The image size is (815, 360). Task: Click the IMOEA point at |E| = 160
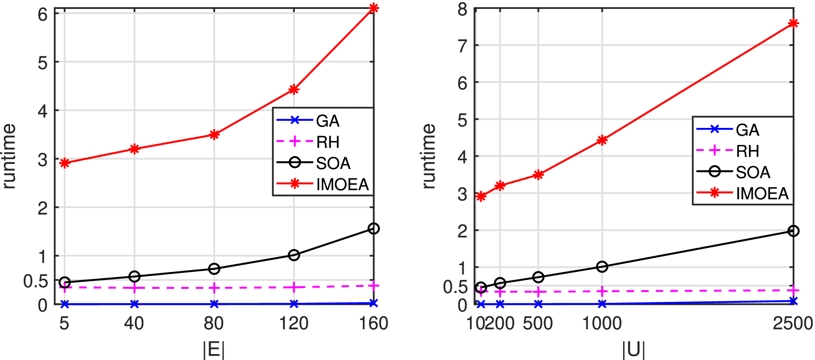[x=373, y=8]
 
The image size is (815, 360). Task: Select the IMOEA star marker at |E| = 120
[x=294, y=89]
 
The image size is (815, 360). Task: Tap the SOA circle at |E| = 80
[x=214, y=269]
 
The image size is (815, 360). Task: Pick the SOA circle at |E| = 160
[x=373, y=229]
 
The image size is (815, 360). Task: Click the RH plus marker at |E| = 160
[x=373, y=286]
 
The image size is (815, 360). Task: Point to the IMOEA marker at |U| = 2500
[x=793, y=24]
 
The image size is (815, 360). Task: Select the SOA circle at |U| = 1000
[x=602, y=266]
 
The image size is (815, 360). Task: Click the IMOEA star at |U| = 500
[x=538, y=174]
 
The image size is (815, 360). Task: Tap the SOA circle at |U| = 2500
[x=793, y=231]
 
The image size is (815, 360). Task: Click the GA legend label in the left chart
[x=328, y=121]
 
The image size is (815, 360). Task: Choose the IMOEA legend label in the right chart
[x=762, y=194]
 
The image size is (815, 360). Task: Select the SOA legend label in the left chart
[x=333, y=163]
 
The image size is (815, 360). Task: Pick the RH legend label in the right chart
[x=747, y=151]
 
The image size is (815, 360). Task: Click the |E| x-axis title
[x=214, y=350]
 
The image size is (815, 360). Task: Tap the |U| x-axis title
[x=634, y=350]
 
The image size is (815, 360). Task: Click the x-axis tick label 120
[x=294, y=324]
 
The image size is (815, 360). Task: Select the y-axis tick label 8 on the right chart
[x=462, y=9]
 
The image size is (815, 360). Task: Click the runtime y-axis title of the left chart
[x=9, y=156]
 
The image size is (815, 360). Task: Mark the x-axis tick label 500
[x=538, y=324]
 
